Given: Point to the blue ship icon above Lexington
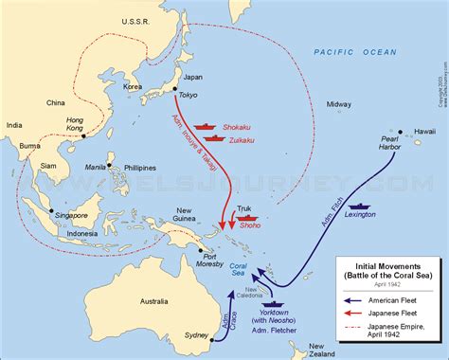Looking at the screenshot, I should coord(358,205).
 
